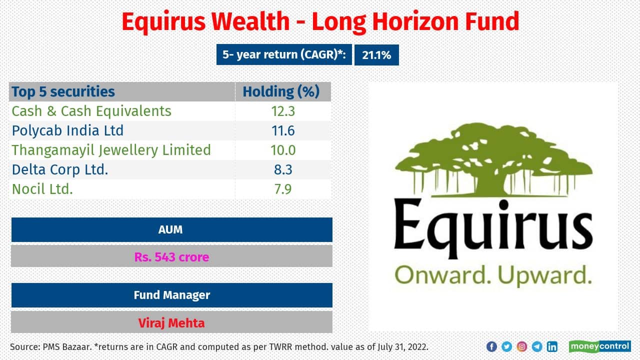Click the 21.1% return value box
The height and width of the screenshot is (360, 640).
(376, 55)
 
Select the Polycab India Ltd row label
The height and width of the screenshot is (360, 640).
(67, 130)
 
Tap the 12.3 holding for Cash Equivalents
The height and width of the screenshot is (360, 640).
(282, 111)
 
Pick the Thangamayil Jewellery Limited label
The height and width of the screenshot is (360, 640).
(111, 150)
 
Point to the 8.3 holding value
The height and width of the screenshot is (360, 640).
(282, 169)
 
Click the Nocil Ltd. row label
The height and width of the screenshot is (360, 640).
(42, 189)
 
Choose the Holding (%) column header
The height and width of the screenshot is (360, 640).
(280, 91)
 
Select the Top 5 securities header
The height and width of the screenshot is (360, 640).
(63, 91)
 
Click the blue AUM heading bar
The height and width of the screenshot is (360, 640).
(171, 229)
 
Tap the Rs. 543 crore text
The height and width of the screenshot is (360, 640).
(171, 257)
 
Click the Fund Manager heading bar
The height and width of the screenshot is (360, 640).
(171, 295)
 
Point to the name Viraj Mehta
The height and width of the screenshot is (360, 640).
(171, 322)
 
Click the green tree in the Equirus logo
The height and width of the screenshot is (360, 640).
(492, 160)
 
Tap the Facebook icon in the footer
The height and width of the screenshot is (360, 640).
(491, 346)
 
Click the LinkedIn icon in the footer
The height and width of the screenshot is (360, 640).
(552, 346)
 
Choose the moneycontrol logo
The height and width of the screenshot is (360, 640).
(599, 346)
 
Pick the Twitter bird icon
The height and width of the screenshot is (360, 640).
(506, 346)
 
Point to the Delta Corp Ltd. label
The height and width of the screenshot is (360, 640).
(60, 169)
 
